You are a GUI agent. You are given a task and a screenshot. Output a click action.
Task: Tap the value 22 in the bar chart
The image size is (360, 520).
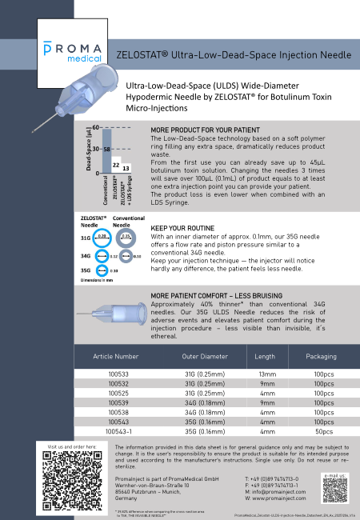point(116,165)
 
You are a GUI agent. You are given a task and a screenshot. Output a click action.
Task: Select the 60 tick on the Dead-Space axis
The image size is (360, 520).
point(96,128)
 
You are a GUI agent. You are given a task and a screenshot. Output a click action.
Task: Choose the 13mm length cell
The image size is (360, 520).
point(265,373)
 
